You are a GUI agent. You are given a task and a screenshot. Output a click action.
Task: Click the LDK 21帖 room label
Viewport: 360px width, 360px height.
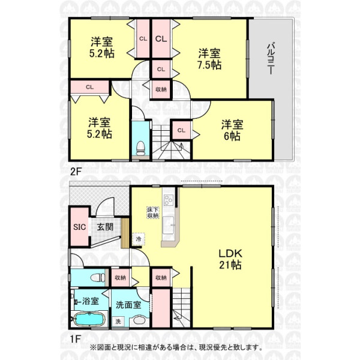coord(230,259)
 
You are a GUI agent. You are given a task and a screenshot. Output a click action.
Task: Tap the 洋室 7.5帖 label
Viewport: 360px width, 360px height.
coord(209,59)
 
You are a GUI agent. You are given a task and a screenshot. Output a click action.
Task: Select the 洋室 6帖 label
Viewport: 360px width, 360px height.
coord(232,130)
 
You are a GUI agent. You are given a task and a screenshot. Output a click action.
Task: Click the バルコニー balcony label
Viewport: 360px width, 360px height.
coord(271,58)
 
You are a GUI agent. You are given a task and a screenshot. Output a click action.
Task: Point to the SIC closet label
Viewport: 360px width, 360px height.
coord(79,227)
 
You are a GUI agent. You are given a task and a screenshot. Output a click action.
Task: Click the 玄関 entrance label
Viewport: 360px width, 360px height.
coord(105,227)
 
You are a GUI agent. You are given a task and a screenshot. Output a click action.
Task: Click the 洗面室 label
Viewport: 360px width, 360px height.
coord(128,305)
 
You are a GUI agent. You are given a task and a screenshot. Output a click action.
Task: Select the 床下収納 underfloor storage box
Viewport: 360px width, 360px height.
coord(153,212)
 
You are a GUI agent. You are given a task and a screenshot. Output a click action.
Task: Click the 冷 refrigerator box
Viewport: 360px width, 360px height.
coord(139,239)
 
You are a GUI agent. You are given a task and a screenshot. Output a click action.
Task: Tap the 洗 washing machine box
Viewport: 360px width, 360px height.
coord(118,321)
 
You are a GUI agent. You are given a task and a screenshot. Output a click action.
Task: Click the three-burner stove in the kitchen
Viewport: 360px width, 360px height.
coord(168,200)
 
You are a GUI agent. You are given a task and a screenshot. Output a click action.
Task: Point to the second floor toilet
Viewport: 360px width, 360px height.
coord(140,148)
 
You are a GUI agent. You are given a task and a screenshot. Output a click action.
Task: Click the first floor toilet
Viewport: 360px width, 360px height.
coord(98,278)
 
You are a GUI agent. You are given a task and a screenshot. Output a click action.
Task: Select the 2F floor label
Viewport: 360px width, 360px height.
coord(76,171)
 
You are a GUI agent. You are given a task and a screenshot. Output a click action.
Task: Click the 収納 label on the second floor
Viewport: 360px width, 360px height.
coord(161,89)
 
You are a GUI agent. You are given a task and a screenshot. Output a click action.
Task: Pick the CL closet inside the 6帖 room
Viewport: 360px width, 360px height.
coord(181,130)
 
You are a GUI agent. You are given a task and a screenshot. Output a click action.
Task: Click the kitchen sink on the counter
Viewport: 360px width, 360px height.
coord(168,225)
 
